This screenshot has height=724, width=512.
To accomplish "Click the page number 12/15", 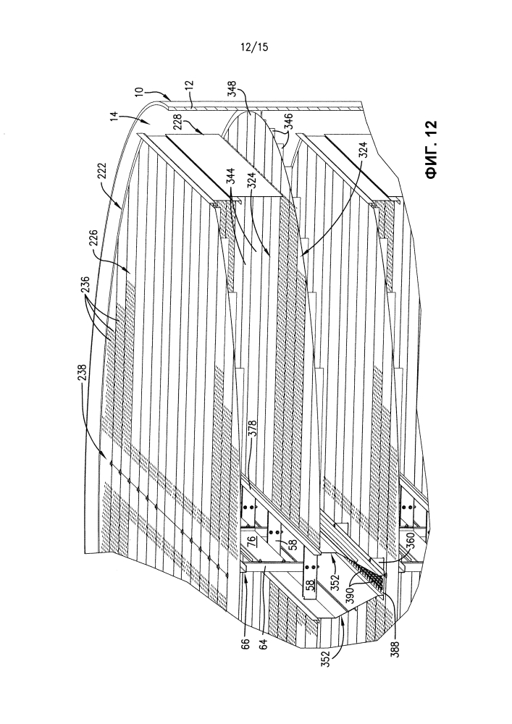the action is (254, 46).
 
